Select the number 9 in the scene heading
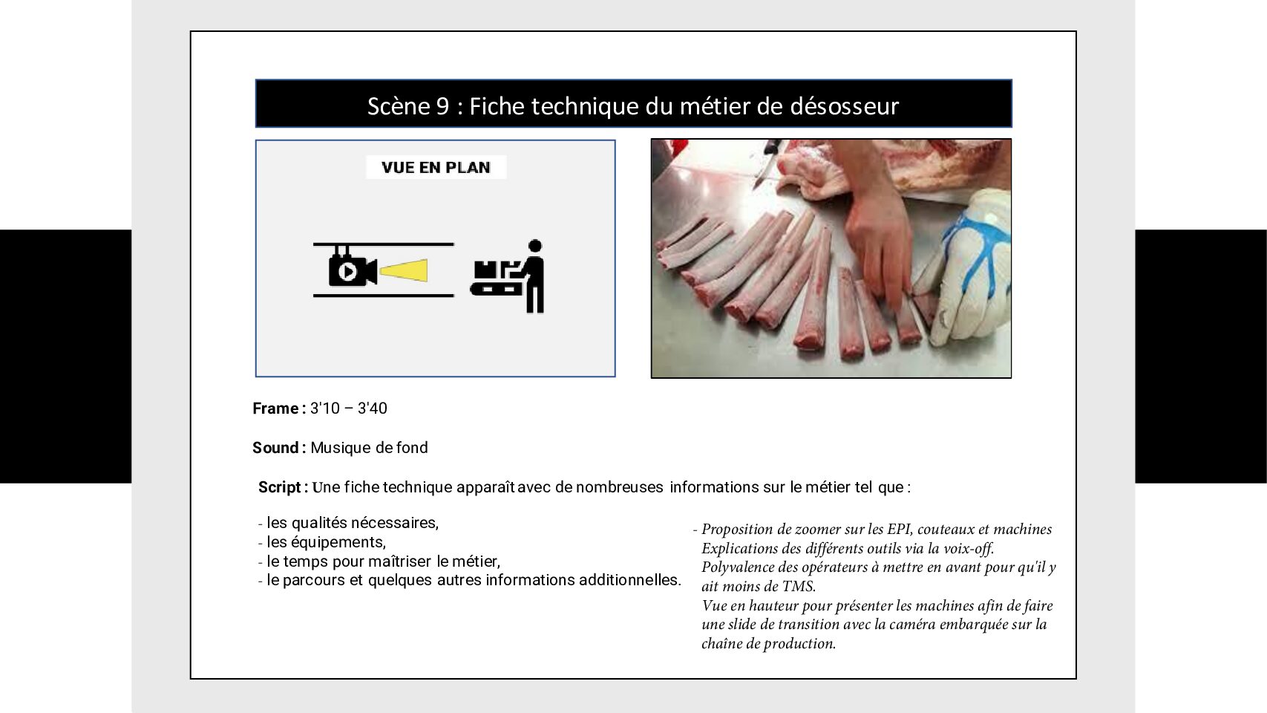tap(442, 106)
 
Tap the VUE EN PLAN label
tap(436, 168)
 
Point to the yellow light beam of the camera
tap(403, 270)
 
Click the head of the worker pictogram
tap(534, 246)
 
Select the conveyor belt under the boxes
tap(496, 289)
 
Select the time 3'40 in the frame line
tap(373, 408)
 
